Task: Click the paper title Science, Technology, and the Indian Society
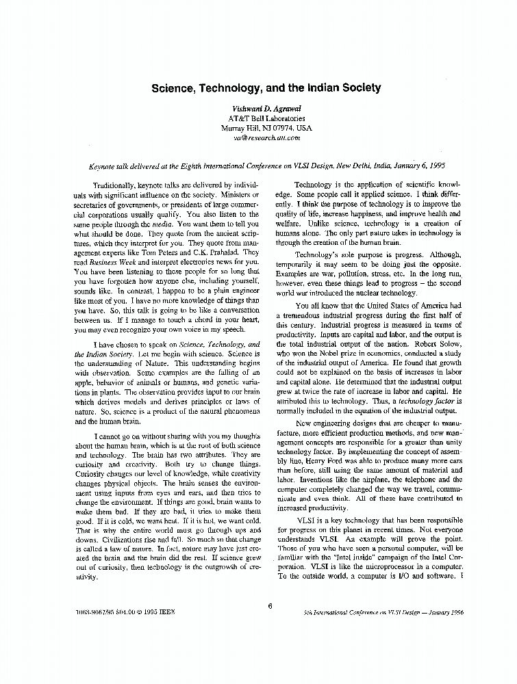point(266,88)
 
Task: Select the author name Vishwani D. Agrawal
point(266,109)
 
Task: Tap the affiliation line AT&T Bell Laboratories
point(266,118)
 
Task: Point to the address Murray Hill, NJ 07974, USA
point(266,128)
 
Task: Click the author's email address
point(266,137)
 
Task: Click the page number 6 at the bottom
point(270,605)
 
